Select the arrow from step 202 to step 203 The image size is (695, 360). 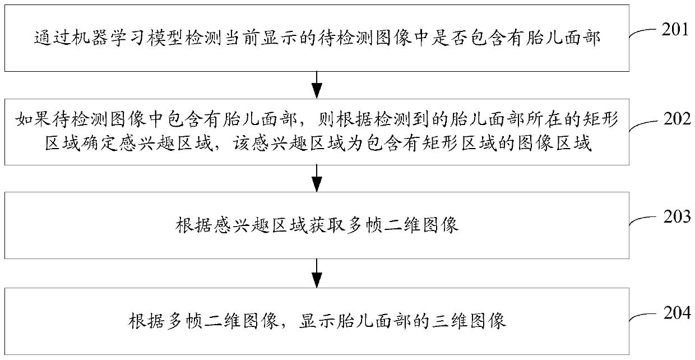[317, 178]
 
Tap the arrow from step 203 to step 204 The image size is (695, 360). [317, 273]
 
